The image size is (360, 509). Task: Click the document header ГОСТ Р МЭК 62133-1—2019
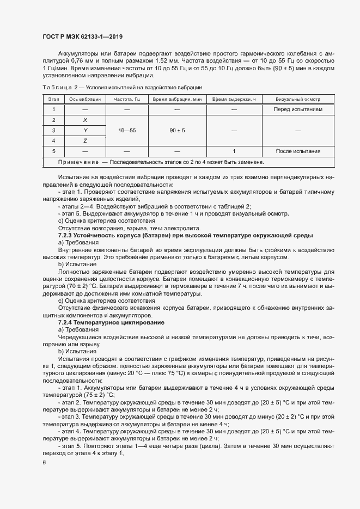(82, 36)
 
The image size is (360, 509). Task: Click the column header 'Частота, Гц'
(127, 100)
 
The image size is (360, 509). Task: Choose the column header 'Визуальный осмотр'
(297, 100)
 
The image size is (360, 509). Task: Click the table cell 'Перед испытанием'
(297, 109)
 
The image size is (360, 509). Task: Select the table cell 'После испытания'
(297, 151)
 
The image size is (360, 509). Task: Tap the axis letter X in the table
(85, 120)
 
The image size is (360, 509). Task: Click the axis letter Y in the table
(85, 130)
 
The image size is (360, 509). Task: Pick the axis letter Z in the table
(85, 140)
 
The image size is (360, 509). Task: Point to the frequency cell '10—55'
(127, 130)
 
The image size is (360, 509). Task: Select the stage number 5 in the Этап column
(53, 151)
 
